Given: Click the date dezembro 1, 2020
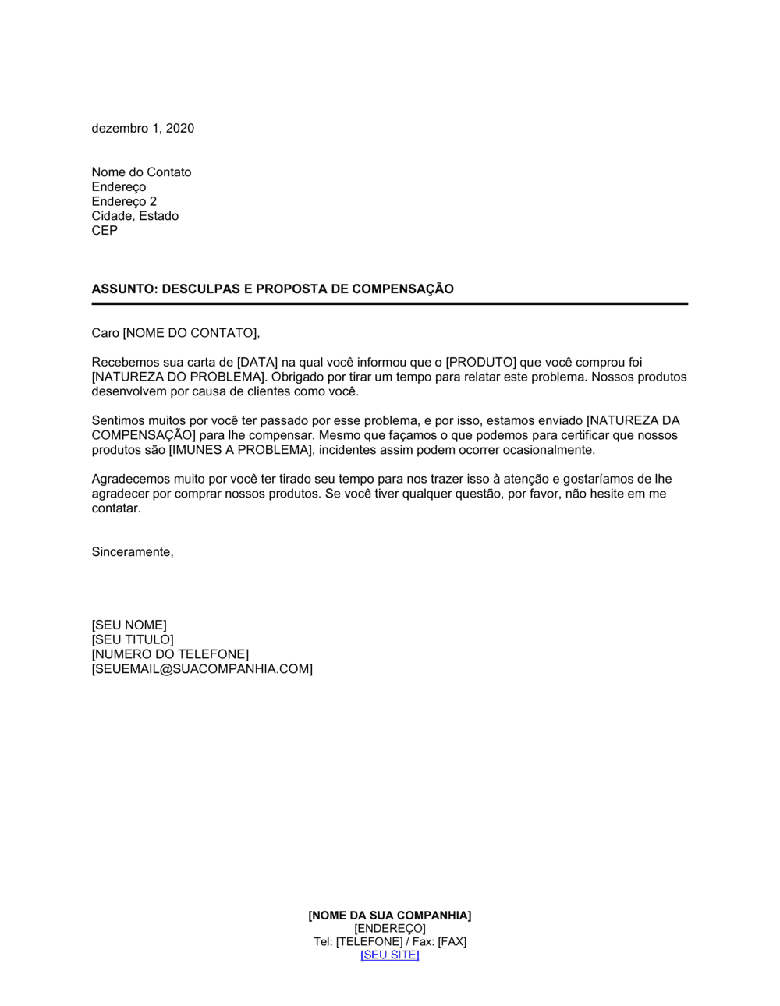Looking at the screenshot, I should (x=143, y=129).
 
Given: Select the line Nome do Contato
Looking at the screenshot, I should (x=141, y=172).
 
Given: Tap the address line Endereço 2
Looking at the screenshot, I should (x=124, y=201).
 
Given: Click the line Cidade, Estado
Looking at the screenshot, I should (x=135, y=216).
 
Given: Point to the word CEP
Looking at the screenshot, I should (x=105, y=231).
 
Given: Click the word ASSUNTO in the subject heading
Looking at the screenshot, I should (x=123, y=289).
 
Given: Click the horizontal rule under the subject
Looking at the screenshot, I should (x=390, y=303).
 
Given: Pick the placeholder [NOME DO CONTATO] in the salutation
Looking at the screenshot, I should (x=190, y=333).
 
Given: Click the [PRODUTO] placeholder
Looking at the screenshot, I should (x=481, y=363).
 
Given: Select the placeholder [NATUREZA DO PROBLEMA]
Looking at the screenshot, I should (x=178, y=377).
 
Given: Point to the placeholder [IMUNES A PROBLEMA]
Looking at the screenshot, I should (x=240, y=450).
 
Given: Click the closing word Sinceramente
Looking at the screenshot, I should (x=131, y=552).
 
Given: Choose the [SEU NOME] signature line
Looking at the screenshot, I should (x=129, y=625).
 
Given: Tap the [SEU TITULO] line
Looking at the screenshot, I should (x=133, y=640).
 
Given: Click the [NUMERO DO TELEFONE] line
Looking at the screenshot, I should (x=170, y=654).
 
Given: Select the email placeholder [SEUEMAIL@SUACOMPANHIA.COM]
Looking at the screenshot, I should (x=202, y=669).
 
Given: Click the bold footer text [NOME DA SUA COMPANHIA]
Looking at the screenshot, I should (x=390, y=916).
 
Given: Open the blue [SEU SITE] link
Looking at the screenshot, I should (x=390, y=955).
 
